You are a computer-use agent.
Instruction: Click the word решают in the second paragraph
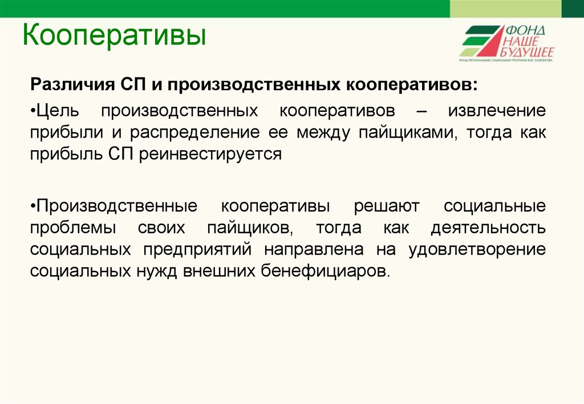click(x=387, y=205)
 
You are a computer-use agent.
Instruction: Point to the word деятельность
click(x=488, y=228)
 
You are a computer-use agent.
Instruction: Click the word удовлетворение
click(x=477, y=249)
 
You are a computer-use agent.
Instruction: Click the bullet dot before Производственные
click(x=34, y=205)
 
